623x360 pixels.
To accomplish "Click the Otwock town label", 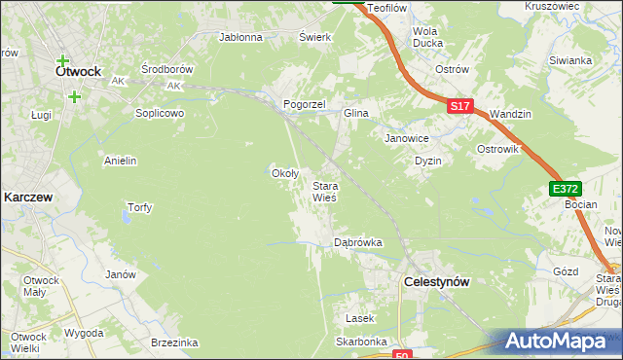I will tap(79, 71).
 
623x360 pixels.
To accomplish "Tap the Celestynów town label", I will tap(436, 281).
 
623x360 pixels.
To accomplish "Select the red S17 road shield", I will tap(461, 106).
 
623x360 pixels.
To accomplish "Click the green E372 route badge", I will tap(564, 189).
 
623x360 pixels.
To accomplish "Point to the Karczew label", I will tap(27, 196).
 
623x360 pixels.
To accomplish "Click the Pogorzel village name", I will tap(303, 104).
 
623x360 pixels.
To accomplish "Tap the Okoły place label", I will tap(283, 173).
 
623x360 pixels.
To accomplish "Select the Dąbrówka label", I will tap(358, 242).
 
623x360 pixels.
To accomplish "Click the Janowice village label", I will tap(407, 138).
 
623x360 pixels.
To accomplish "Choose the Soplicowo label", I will tap(160, 113).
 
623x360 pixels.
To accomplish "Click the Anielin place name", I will tap(120, 160).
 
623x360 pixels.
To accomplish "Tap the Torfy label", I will tap(140, 207).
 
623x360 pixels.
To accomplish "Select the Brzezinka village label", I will tap(175, 342).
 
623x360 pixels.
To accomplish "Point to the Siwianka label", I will tap(570, 60).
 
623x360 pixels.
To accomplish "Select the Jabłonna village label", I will tap(241, 38).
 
